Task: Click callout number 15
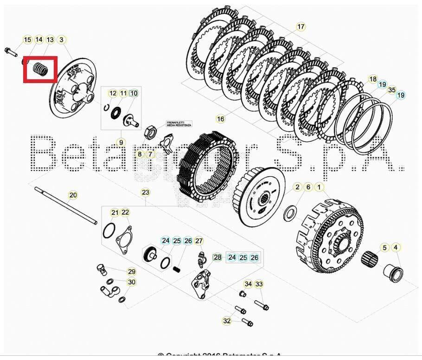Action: click(x=27, y=40)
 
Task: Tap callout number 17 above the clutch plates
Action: click(x=301, y=26)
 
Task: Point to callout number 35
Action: click(x=392, y=90)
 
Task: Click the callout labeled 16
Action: click(x=220, y=119)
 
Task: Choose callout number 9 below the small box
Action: click(x=121, y=142)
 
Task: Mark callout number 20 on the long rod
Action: click(x=73, y=195)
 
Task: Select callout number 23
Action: click(x=145, y=192)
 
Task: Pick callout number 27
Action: click(x=199, y=241)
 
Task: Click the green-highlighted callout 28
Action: click(x=217, y=257)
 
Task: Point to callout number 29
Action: click(x=132, y=272)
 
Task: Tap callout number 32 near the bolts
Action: click(x=227, y=321)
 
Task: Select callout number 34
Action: click(x=249, y=284)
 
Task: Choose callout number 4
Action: click(x=396, y=248)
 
